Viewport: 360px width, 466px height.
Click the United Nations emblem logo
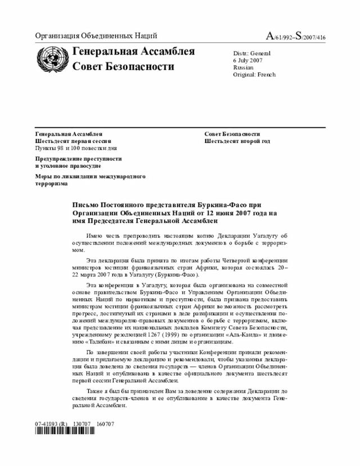click(x=51, y=59)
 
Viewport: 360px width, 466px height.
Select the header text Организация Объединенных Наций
click(x=96, y=36)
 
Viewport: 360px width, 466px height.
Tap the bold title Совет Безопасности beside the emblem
click(x=123, y=67)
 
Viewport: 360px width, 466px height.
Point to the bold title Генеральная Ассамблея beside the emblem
click(x=133, y=52)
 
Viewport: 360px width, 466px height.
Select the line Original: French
click(x=254, y=74)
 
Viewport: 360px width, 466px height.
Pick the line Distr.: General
click(x=251, y=53)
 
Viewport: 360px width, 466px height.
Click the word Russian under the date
click(x=243, y=68)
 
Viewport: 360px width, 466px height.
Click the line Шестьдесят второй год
click(x=237, y=141)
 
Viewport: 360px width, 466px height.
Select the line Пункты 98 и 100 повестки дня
click(x=76, y=148)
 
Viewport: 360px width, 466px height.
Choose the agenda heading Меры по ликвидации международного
click(x=90, y=177)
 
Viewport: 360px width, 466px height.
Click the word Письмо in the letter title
click(x=88, y=205)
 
